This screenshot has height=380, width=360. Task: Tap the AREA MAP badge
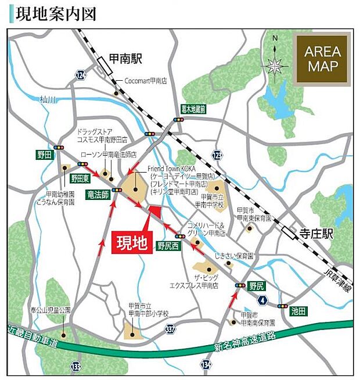click(x=323, y=58)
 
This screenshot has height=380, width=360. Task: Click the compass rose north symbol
click(x=275, y=63)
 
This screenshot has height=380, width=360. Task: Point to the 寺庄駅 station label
click(x=316, y=234)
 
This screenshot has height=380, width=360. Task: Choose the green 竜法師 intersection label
click(x=98, y=194)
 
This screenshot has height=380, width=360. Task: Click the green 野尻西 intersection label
click(x=169, y=246)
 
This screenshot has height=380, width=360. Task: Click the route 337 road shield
click(x=170, y=329)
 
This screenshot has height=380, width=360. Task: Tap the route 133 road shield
click(x=76, y=367)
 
